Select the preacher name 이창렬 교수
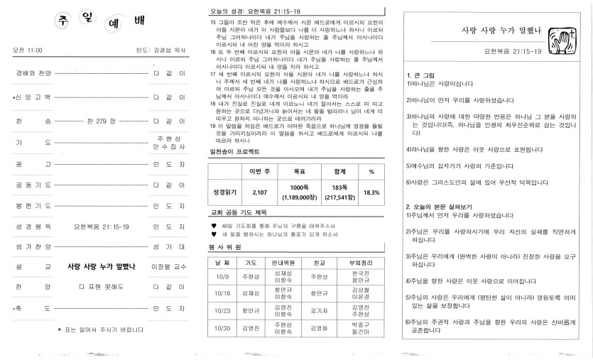pyautogui.click(x=168, y=267)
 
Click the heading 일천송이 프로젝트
pyautogui.click(x=234, y=152)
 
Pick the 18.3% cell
pyautogui.click(x=371, y=192)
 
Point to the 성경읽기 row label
pyautogui.click(x=224, y=192)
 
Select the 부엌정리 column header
pyautogui.click(x=360, y=262)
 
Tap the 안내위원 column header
pyautogui.click(x=283, y=262)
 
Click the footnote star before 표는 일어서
pyautogui.click(x=59, y=329)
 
